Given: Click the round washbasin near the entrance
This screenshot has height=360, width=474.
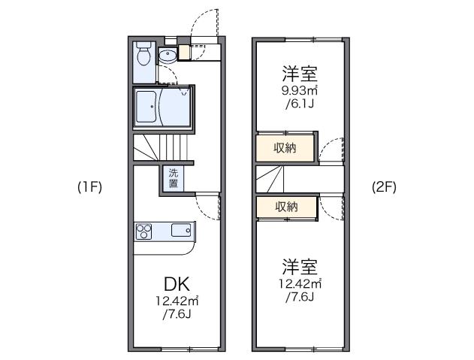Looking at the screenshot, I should (x=168, y=54).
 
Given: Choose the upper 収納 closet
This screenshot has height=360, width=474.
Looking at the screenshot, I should (x=285, y=148).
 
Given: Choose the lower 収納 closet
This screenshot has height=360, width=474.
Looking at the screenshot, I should (x=285, y=207).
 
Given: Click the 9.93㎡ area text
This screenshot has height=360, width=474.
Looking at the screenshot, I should (x=300, y=91).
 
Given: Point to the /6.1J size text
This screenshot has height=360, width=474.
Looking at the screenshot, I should (x=300, y=104).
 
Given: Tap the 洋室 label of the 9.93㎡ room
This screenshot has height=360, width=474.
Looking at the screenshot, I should (x=300, y=74).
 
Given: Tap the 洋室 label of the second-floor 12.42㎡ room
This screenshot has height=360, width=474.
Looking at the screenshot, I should (x=300, y=267).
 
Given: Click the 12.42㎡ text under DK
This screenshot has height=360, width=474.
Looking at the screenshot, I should (x=177, y=301).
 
